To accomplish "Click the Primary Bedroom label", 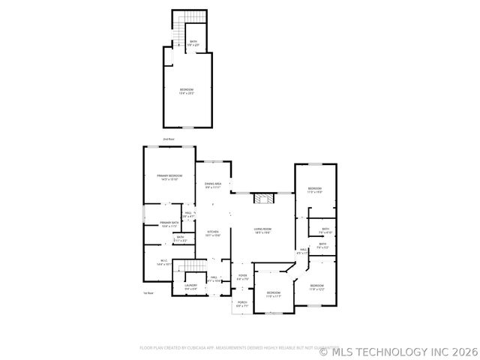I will pyautogui.click(x=169, y=177).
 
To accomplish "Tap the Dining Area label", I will pyautogui.click(x=213, y=185).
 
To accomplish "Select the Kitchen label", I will pyautogui.click(x=212, y=233).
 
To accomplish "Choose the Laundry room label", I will pyautogui.click(x=191, y=287).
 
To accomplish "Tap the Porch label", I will pyautogui.click(x=241, y=304).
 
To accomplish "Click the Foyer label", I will pyautogui.click(x=242, y=277).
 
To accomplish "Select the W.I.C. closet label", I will pyautogui.click(x=164, y=262).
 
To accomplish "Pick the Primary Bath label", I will pyautogui.click(x=169, y=224).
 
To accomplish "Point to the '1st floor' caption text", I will pyautogui.click(x=148, y=293).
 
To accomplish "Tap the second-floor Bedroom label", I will pyautogui.click(x=187, y=91).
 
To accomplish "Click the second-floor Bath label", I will pyautogui.click(x=193, y=43).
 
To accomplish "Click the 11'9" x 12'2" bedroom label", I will pyautogui.click(x=316, y=287).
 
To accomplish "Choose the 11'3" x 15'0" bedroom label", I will pyautogui.click(x=314, y=190).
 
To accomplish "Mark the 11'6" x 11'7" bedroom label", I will pyautogui.click(x=274, y=294).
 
